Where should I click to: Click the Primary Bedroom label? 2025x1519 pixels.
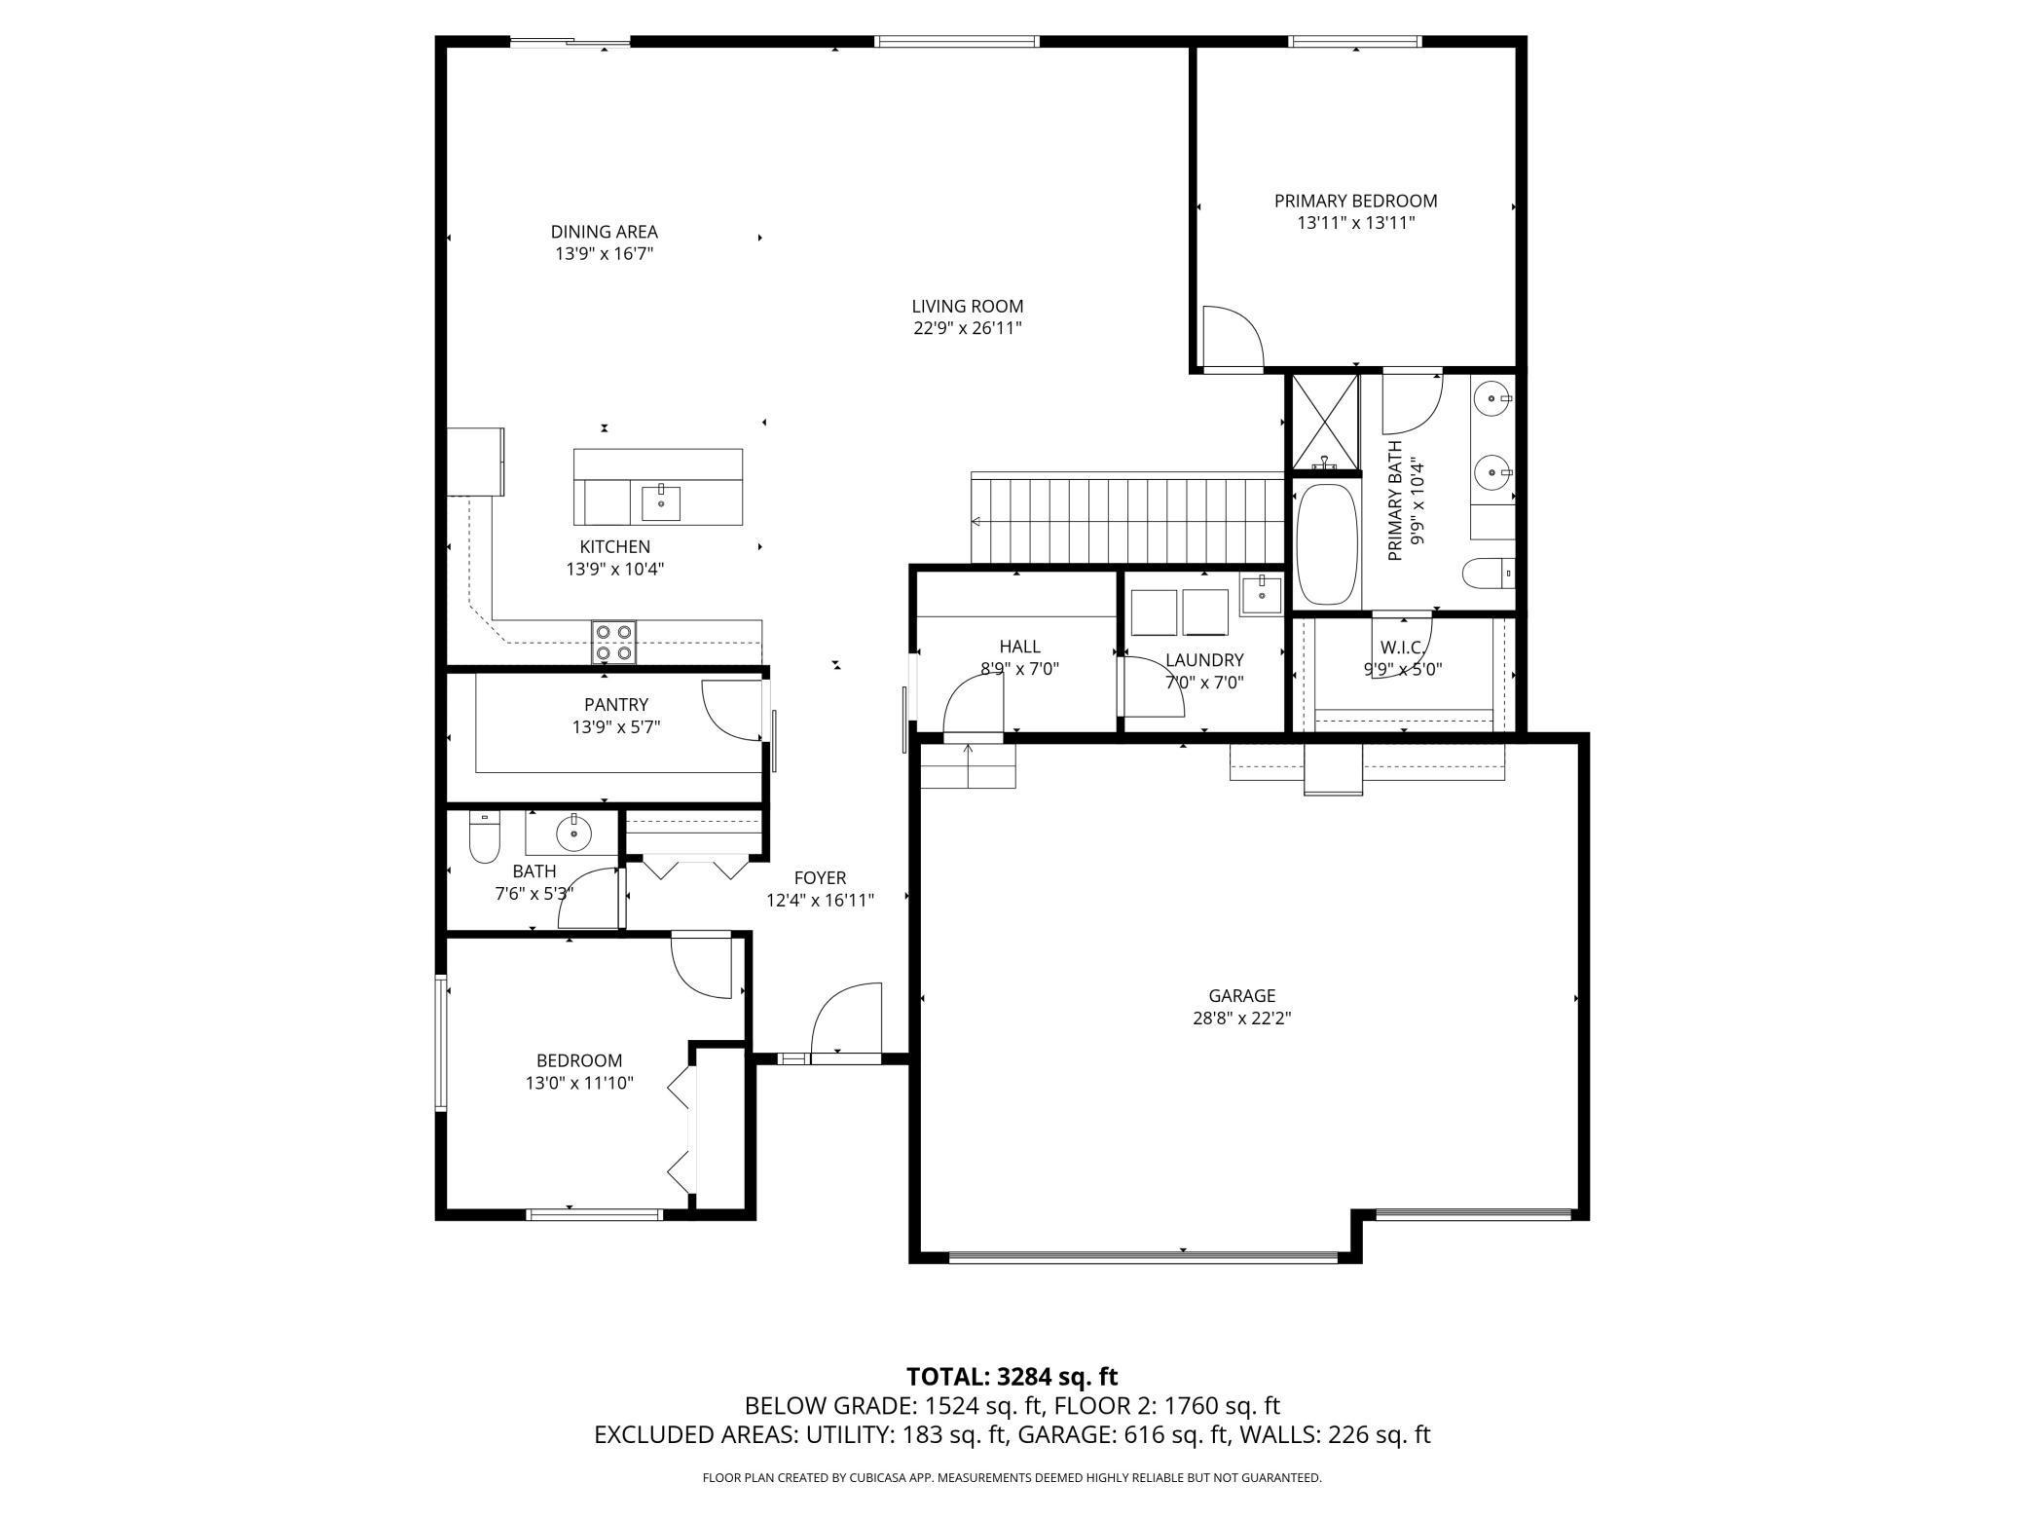click(1355, 201)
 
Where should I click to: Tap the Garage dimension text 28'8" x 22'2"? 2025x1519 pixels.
click(1242, 1019)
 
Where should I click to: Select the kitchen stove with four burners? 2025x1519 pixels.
click(614, 642)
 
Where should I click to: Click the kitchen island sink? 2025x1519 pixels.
click(661, 502)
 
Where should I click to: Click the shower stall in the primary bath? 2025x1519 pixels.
click(1325, 421)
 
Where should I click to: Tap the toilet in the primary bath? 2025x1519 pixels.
click(1489, 573)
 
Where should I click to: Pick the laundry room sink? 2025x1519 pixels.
click(1261, 593)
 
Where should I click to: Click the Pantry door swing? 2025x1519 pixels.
click(732, 710)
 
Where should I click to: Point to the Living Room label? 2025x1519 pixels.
click(967, 306)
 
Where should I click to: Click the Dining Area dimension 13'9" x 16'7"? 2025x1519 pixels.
click(604, 254)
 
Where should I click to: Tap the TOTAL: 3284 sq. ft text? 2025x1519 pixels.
click(1012, 1376)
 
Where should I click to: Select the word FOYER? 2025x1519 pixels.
click(820, 878)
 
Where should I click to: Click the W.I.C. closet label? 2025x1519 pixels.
click(1403, 648)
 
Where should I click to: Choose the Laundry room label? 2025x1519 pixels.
click(1204, 660)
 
